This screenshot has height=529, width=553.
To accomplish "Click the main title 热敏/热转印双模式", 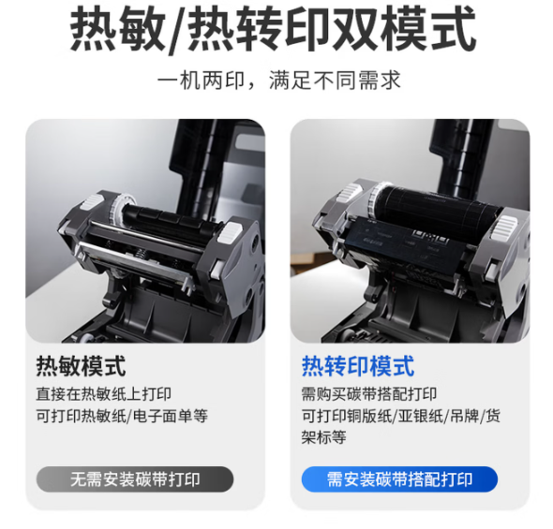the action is point(273,30).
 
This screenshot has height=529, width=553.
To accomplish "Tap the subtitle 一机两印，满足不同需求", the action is point(278,81).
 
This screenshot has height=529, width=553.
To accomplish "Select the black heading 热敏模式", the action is point(81,366).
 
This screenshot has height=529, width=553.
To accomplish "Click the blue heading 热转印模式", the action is point(358,366).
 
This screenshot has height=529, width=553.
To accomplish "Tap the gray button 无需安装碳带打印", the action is point(135,479).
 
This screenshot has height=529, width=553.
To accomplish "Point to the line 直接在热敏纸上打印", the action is point(104,394).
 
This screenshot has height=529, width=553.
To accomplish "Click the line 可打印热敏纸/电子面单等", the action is point(122,416).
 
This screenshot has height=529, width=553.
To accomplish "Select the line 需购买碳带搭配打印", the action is point(369,394).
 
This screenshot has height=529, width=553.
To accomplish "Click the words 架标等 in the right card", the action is point(323,437).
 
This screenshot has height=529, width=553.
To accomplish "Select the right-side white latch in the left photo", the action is point(230,232).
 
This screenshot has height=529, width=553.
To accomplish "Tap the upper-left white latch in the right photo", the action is point(350,192).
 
